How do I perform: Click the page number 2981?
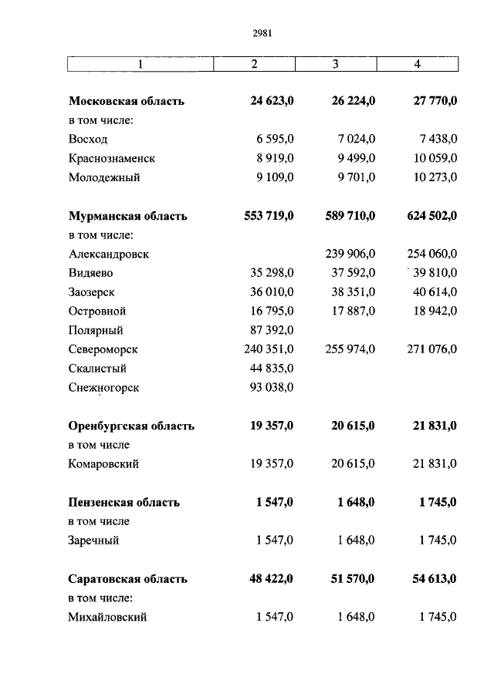262,33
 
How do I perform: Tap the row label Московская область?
127,101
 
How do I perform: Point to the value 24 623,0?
272,101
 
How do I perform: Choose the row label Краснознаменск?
112,158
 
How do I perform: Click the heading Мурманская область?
127,216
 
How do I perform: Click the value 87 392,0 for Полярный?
272,330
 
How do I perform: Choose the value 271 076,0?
429,349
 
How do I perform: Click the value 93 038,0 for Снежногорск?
272,388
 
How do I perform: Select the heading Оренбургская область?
131,426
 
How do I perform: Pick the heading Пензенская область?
123,502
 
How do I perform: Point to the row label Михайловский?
107,617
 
